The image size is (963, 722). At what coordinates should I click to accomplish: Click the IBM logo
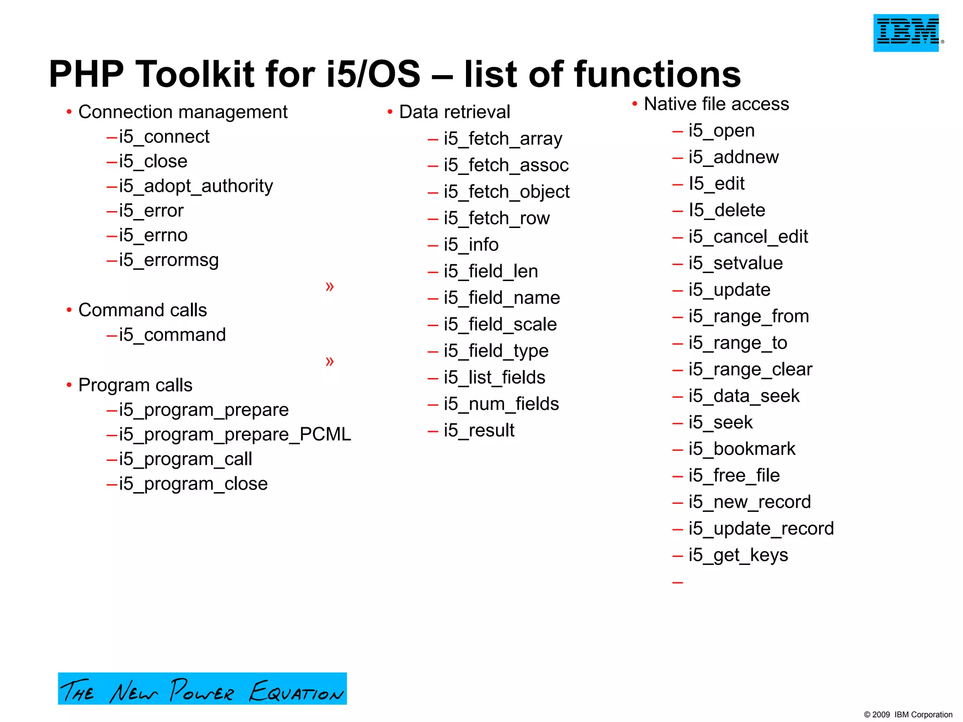point(906,33)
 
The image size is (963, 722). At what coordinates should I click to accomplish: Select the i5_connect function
point(164,137)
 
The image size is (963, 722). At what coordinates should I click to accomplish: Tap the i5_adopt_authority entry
point(196,186)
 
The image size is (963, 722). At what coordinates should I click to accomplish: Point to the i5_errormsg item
point(169,260)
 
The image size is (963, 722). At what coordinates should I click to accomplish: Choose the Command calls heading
point(142,310)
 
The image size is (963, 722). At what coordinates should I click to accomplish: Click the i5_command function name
point(172,335)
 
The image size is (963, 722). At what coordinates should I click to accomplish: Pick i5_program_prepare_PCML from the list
point(235,434)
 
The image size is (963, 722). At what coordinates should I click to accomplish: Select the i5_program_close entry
point(193,484)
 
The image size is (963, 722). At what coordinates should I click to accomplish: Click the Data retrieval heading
point(454,112)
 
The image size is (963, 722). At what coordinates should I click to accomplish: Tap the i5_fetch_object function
point(506,192)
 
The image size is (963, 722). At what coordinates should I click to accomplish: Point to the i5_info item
point(471,245)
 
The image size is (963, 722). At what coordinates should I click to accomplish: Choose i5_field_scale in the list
point(500,324)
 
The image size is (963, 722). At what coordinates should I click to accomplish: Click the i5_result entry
point(479,431)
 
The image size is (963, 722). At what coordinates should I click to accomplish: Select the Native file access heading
point(716,104)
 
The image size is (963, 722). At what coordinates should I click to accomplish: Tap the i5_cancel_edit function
point(748,237)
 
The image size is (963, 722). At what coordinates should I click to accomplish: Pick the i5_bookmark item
point(742,449)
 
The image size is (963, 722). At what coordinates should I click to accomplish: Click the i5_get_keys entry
point(738,555)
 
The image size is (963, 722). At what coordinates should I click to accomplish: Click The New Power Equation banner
point(202,689)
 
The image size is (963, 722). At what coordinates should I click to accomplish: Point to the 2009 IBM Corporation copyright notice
point(908,714)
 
